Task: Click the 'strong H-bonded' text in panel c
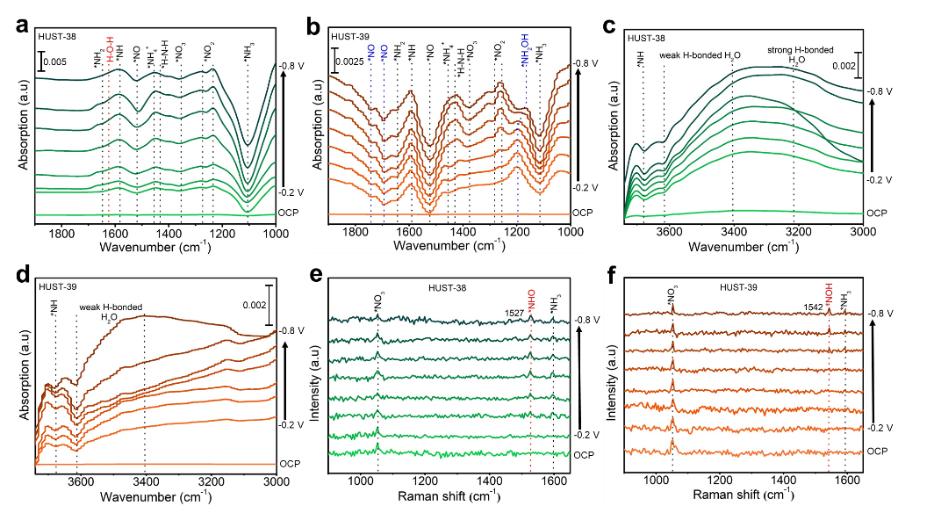801,50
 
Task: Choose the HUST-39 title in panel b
350,36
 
